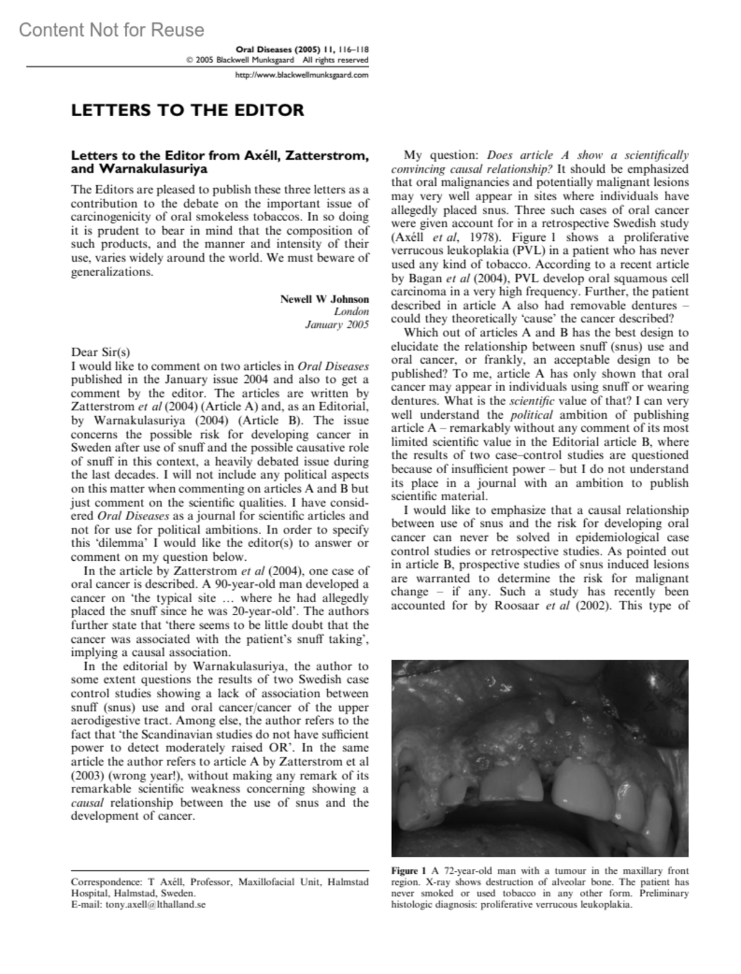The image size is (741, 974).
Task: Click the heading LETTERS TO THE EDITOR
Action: (x=188, y=111)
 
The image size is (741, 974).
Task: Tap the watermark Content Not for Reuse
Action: (x=111, y=30)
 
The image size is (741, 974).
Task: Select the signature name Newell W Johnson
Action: (x=324, y=299)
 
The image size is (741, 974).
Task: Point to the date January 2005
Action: (x=337, y=325)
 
